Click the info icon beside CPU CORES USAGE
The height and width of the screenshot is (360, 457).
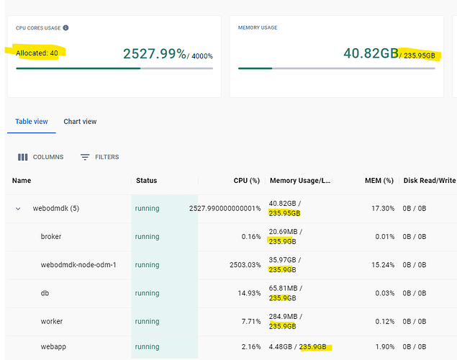click(66, 27)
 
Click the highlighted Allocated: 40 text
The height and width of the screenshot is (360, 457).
click(37, 53)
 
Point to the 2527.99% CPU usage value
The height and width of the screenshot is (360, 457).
click(155, 54)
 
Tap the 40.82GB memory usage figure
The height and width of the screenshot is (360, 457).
click(371, 53)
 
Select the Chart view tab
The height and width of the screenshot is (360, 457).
click(80, 122)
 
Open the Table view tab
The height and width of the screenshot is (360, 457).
click(32, 122)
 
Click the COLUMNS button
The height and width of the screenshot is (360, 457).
click(40, 157)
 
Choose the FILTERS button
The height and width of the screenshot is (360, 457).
click(100, 157)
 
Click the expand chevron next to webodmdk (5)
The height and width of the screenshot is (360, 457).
click(18, 209)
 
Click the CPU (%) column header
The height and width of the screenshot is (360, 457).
click(247, 181)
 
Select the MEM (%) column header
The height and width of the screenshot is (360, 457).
click(379, 181)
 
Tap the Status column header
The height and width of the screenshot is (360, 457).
click(146, 181)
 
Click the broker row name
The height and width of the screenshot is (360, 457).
click(51, 236)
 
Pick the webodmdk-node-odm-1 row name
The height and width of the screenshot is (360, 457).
click(78, 265)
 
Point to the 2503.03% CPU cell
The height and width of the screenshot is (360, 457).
click(245, 265)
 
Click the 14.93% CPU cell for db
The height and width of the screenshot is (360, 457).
click(249, 293)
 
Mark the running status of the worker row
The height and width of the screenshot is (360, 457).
click(148, 322)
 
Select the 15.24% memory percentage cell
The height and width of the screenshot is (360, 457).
click(383, 265)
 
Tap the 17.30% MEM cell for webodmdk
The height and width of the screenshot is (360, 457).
click(383, 208)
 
